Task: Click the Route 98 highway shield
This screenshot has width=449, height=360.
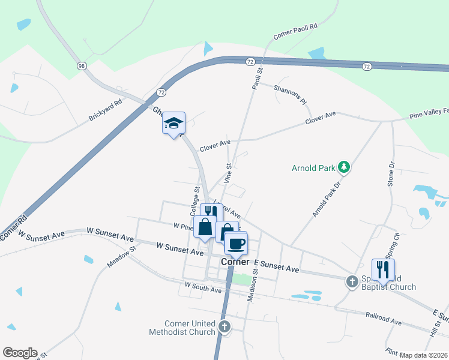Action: (80, 65)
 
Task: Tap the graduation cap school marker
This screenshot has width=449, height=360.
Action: (174, 123)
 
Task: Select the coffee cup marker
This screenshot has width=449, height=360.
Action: (236, 244)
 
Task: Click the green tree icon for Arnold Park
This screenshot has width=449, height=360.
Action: (345, 167)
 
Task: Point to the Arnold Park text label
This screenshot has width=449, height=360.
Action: (313, 168)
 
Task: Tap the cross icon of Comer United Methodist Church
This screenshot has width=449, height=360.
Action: (224, 327)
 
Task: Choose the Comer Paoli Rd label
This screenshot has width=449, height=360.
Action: (295, 32)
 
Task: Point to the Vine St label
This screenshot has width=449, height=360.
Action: (228, 173)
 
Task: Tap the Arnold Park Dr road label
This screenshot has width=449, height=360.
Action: (326, 200)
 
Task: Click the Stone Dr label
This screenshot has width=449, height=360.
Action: (391, 173)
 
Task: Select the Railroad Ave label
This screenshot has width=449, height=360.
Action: (383, 318)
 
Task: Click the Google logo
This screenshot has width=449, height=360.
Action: (20, 353)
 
